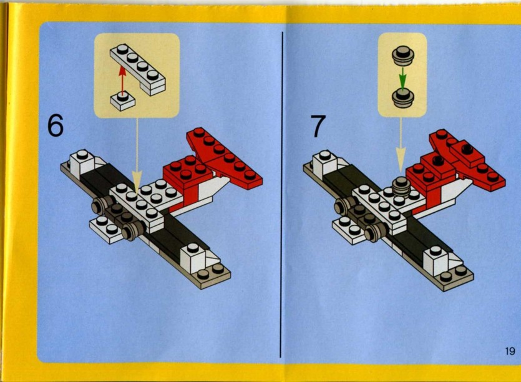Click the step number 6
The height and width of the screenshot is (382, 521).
coord(56,126)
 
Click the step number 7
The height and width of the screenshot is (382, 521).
coord(318,127)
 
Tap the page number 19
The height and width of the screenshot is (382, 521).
coord(510,351)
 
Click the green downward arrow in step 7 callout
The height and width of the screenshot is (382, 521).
coord(402,79)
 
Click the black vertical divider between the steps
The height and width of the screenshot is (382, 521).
coord(283,187)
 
